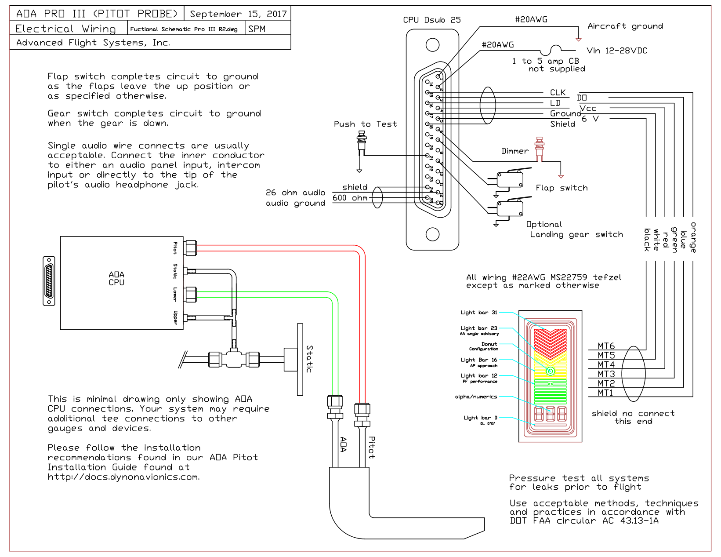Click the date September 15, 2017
[238, 14]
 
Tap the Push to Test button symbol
[362, 143]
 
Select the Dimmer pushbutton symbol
[539, 148]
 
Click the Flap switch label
[561, 188]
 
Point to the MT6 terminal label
[606, 346]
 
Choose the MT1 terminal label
[605, 393]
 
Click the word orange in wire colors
[693, 237]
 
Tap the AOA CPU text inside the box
[116, 279]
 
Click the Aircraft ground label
[625, 26]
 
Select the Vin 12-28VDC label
[617, 51]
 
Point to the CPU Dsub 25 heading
[431, 20]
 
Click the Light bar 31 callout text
[478, 313]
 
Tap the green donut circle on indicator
[550, 371]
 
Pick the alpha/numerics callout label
[476, 397]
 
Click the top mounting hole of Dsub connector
[432, 45]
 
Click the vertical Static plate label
[309, 359]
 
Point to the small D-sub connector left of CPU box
[49, 281]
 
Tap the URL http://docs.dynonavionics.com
[123, 477]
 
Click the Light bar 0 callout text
[480, 418]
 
